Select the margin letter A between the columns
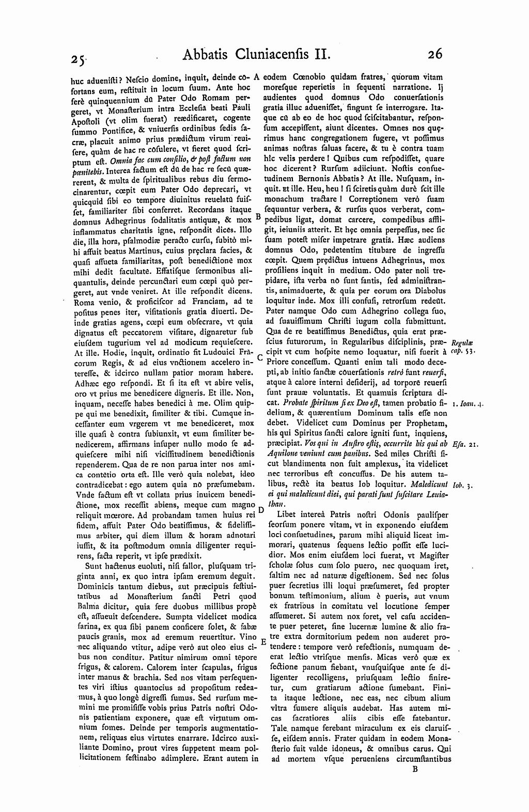click(256, 75)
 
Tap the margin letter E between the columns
click(262, 643)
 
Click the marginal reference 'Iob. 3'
click(460, 486)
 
